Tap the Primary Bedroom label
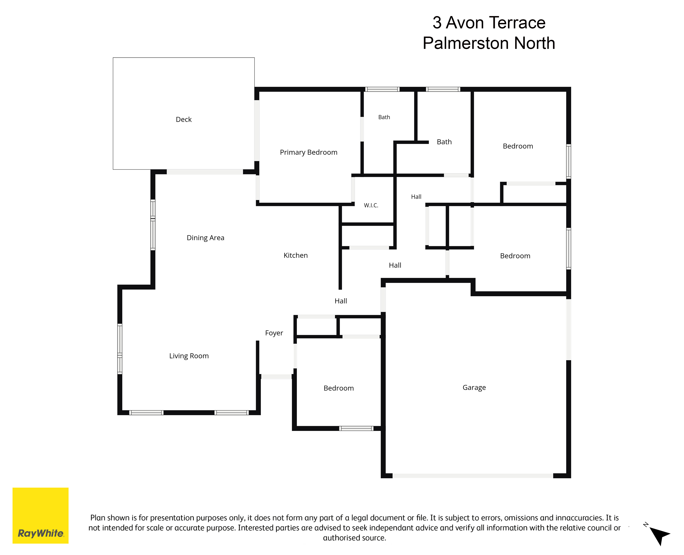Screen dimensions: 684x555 click(x=309, y=152)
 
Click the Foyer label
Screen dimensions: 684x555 click(x=274, y=333)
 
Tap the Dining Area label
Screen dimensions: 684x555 click(x=205, y=238)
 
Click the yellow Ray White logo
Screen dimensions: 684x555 click(x=41, y=515)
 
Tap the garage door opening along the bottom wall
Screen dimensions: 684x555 click(x=473, y=476)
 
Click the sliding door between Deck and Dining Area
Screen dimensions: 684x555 click(x=205, y=172)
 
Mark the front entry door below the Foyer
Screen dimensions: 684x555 click(x=276, y=377)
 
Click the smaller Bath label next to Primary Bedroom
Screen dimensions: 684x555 click(x=384, y=117)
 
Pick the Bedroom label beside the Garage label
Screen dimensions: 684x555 click(x=339, y=388)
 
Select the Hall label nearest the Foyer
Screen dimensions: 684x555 click(x=341, y=301)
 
